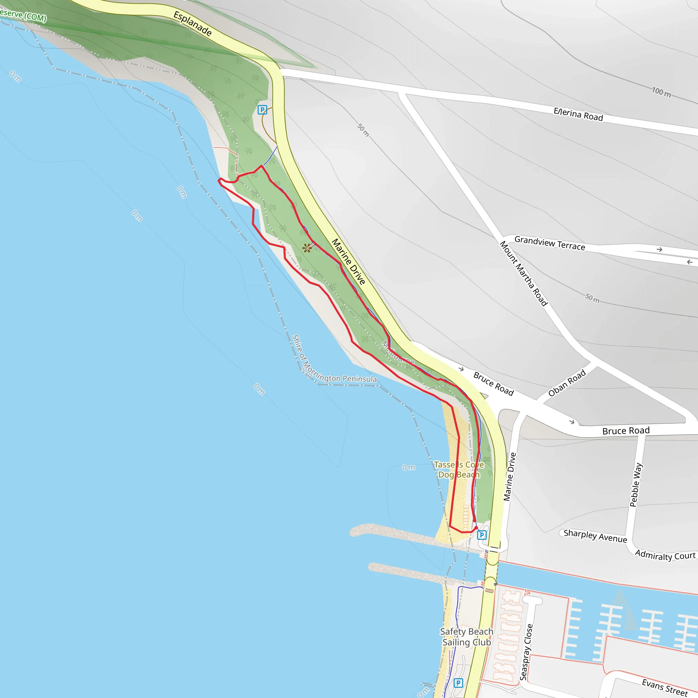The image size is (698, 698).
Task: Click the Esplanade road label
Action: pos(193,24)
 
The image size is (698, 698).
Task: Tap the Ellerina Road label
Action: pos(578,115)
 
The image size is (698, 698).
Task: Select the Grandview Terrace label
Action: pos(549,243)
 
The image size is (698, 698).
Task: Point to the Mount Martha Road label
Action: pos(523,273)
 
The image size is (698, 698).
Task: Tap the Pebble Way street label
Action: pos(636,485)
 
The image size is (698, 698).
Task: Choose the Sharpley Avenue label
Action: pos(595,536)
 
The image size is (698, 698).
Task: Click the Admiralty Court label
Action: pos(665,556)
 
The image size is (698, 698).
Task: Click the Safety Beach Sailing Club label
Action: pos(467,637)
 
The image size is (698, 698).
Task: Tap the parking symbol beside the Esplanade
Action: pos(262,109)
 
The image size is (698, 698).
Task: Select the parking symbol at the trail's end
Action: pos(482,535)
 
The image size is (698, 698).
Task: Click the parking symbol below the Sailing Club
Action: pos(458,683)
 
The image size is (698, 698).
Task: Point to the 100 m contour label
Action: pos(661,92)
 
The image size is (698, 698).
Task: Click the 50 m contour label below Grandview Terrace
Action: pos(592,298)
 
